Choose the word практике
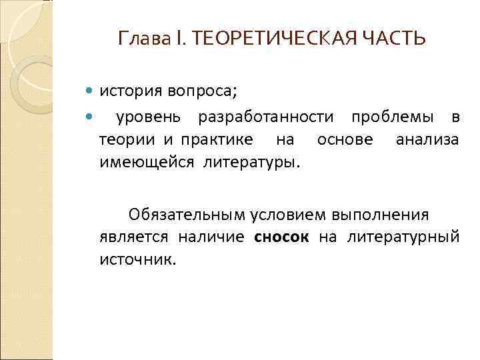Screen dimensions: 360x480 point(215,140)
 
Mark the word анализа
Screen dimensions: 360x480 point(427,140)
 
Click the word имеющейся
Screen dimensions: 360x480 point(145,161)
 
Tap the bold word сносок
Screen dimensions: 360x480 point(281,237)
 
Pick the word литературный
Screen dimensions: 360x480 point(403,237)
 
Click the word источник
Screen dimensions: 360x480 point(137,259)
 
